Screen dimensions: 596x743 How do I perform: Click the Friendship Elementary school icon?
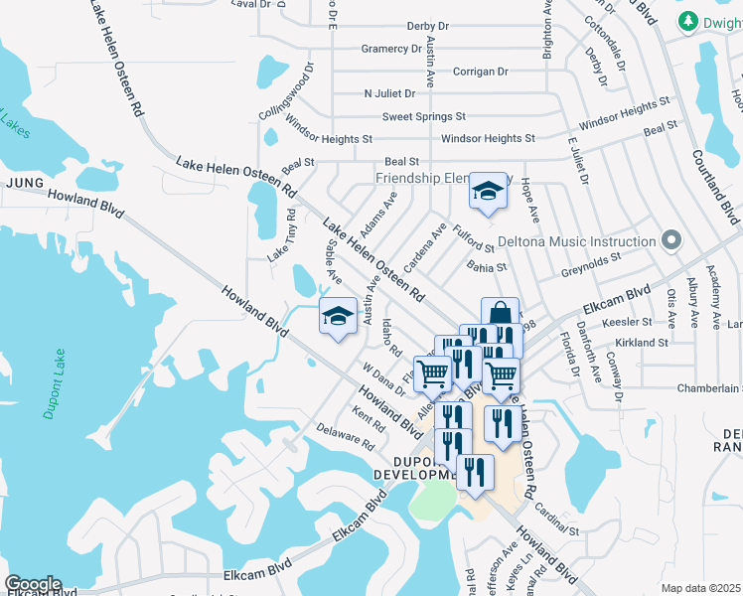pos(487,191)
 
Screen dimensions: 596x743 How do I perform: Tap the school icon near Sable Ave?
pos(338,317)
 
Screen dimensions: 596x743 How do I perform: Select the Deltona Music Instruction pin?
pos(671,241)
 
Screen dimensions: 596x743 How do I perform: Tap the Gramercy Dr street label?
pos(391,49)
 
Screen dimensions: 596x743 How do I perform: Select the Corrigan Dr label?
pos(480,72)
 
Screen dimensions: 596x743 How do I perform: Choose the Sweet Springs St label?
pos(424,116)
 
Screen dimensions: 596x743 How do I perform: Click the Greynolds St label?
pos(590,255)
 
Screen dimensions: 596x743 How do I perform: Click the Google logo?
pos(33,584)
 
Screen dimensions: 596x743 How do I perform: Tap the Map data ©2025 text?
pos(699,588)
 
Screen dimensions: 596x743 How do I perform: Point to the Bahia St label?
pos(487,266)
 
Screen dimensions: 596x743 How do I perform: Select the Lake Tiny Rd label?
pos(282,235)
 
